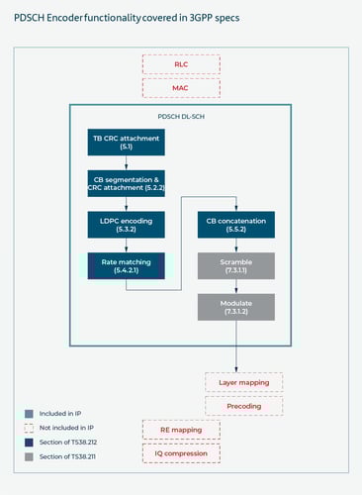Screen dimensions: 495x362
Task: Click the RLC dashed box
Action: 181,64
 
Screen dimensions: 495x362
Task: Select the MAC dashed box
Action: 181,87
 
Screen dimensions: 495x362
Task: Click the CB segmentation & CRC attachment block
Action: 126,183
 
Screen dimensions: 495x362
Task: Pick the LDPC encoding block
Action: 126,225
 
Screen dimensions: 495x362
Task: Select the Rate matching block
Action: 126,265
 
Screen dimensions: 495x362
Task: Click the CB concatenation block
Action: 236,225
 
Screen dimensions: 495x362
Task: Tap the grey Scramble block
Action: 236,265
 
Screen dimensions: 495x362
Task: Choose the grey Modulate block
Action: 236,306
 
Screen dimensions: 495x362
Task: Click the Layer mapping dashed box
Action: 243,381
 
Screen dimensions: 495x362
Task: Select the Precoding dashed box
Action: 243,405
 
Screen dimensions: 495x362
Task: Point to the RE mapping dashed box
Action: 181,430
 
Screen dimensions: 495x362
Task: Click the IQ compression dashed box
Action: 181,452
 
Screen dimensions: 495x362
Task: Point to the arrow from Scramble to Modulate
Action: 236,286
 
